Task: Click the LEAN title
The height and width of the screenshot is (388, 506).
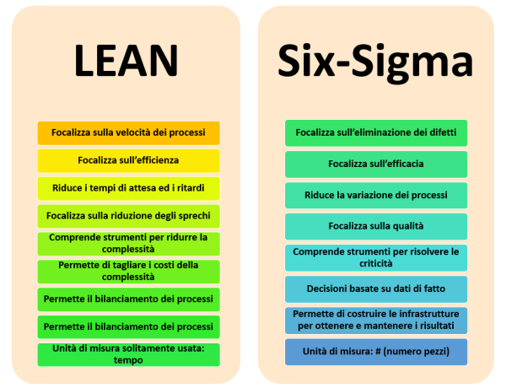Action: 126,61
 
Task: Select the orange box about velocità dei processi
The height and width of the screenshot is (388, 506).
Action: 128,132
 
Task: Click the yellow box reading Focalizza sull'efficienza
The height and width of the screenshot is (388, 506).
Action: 128,160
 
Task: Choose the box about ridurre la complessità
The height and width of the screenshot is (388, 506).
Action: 128,243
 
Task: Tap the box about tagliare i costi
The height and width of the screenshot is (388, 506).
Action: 128,271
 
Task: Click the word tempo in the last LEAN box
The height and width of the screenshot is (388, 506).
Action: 129,360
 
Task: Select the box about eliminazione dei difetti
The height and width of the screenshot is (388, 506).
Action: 376,132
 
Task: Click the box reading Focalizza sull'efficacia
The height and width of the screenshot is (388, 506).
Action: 376,164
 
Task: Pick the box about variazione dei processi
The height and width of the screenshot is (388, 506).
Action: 376,195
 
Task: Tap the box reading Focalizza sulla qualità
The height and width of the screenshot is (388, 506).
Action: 376,226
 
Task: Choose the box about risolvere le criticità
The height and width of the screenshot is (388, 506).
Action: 376,257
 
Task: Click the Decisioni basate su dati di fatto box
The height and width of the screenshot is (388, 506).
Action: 376,288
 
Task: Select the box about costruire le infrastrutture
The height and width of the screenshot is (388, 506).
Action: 376,320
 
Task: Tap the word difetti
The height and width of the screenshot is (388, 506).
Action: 428,132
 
